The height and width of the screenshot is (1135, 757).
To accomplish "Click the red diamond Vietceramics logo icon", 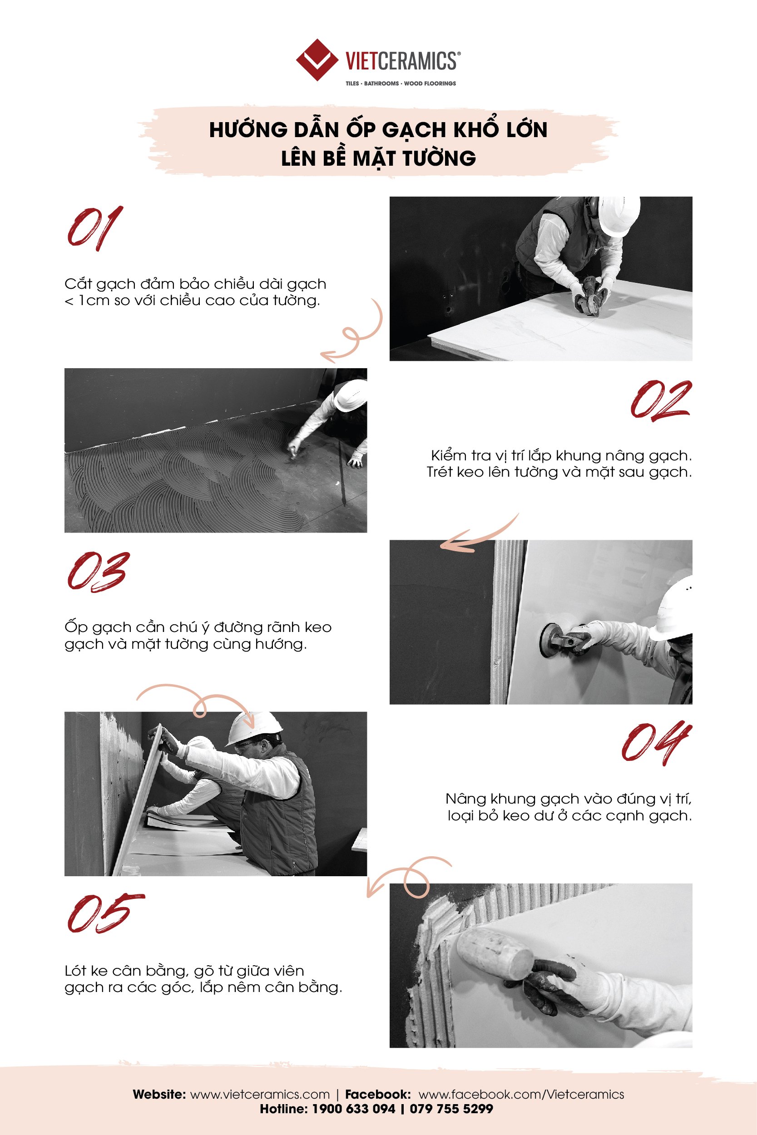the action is point(317,60).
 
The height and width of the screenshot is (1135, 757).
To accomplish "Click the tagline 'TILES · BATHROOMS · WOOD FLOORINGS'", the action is point(401,84).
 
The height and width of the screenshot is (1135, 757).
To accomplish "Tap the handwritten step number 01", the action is point(94,228).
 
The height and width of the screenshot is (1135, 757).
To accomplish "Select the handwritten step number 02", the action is point(661,400).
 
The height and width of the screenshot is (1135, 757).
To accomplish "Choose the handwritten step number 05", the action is point(105,913).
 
